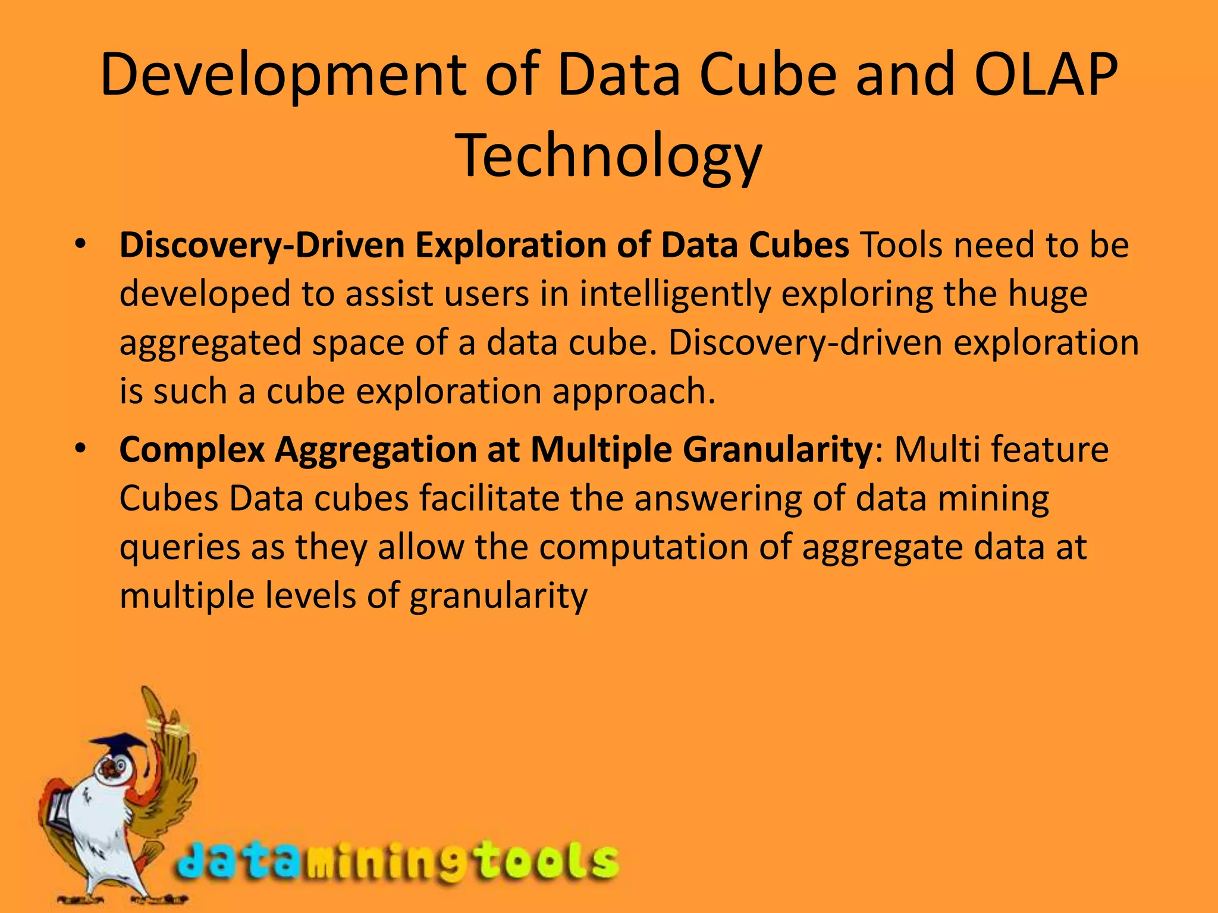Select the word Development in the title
tap(283, 75)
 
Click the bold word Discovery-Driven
tap(262, 245)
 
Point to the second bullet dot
tap(81, 448)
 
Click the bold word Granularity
tap(776, 449)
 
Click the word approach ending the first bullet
tap(632, 392)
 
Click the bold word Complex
tap(192, 449)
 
